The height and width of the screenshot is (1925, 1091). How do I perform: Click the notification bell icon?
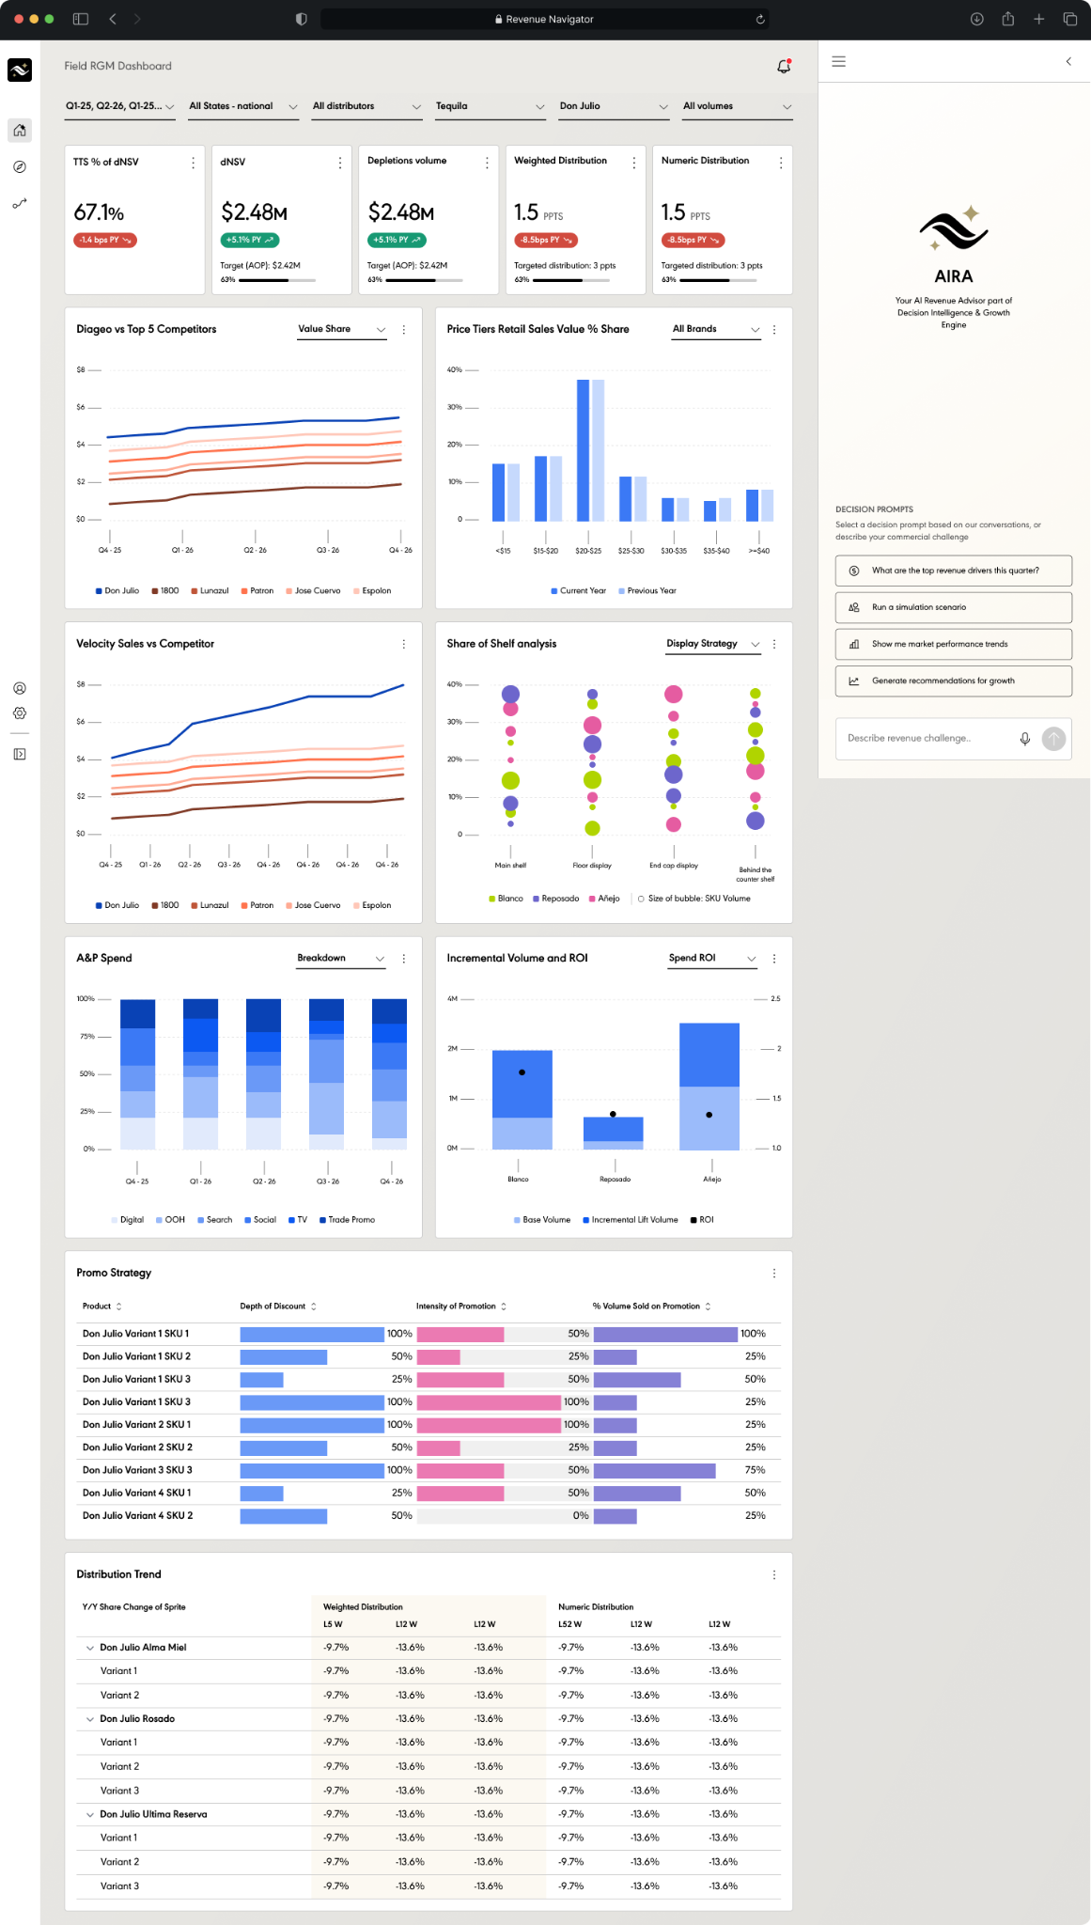click(784, 66)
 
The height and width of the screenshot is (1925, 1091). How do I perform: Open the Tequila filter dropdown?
click(490, 106)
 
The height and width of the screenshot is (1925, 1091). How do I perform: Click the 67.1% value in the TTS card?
click(99, 213)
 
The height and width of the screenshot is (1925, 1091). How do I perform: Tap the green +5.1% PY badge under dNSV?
click(250, 240)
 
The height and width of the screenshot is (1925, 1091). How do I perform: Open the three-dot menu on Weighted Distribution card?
click(634, 163)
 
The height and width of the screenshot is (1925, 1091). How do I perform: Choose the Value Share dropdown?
click(342, 330)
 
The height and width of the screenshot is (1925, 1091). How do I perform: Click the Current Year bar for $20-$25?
click(583, 450)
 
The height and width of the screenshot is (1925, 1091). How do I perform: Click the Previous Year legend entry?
click(647, 591)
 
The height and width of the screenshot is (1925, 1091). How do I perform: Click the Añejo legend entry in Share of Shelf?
click(604, 899)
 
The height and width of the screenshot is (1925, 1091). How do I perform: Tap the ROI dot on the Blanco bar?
click(522, 1072)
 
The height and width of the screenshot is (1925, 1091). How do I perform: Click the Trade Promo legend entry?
click(348, 1220)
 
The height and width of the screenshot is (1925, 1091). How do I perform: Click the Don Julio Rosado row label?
click(137, 1719)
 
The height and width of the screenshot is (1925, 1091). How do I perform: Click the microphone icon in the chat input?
click(1025, 739)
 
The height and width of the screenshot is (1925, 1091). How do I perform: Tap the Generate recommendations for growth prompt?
click(953, 681)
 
